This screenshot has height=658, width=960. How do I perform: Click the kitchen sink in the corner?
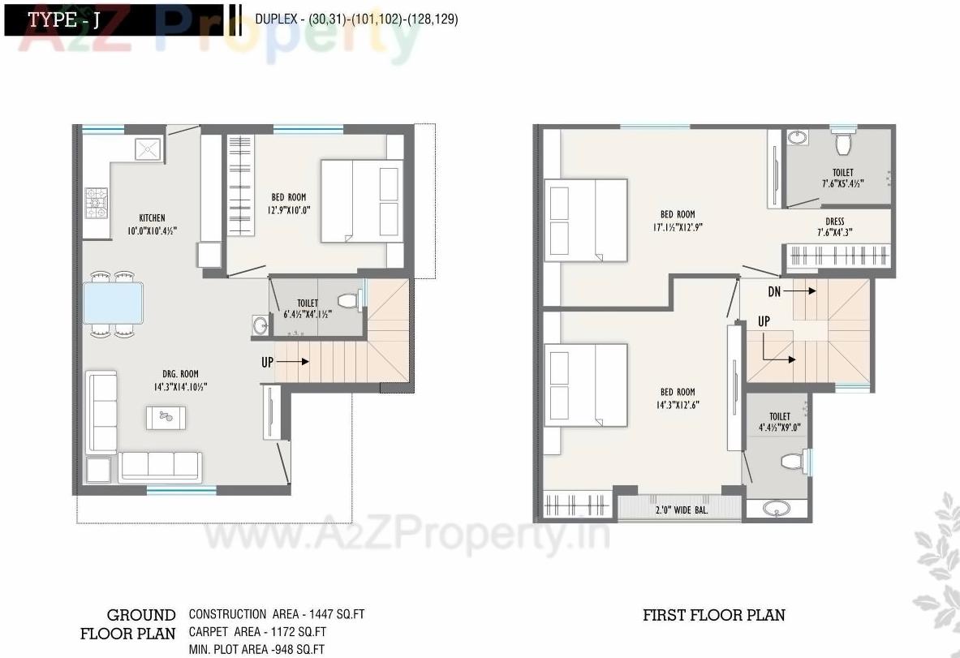click(149, 149)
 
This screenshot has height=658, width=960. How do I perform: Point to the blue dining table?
click(114, 302)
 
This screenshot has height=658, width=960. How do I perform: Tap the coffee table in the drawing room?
click(166, 417)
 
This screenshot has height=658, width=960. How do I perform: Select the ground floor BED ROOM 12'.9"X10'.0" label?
click(290, 203)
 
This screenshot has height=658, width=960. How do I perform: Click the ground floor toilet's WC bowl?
click(347, 301)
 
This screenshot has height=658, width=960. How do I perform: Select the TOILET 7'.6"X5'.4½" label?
click(842, 178)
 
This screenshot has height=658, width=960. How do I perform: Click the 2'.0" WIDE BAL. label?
click(680, 511)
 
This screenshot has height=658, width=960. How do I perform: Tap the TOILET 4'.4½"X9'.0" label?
click(779, 422)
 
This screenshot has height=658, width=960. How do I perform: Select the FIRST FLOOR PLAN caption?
click(713, 615)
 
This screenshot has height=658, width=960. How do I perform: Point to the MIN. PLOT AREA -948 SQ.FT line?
click(256, 649)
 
